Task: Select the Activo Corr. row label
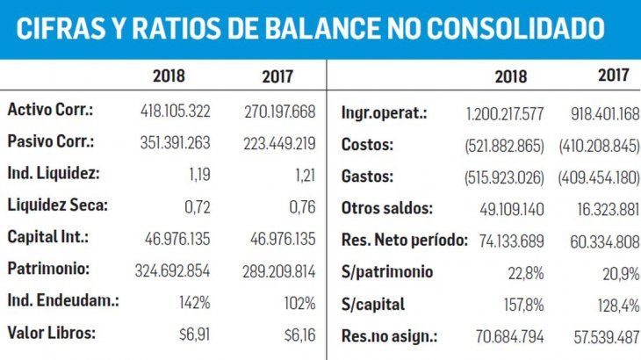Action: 50,111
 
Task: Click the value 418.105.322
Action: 175,112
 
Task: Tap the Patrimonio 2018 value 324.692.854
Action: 174,270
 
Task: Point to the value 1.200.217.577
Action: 504,113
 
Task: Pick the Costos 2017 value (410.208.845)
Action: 599,145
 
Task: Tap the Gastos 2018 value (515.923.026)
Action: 504,177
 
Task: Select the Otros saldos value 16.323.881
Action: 603,209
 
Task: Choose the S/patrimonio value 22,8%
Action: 525,272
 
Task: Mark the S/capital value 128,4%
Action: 618,305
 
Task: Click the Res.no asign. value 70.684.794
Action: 508,336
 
